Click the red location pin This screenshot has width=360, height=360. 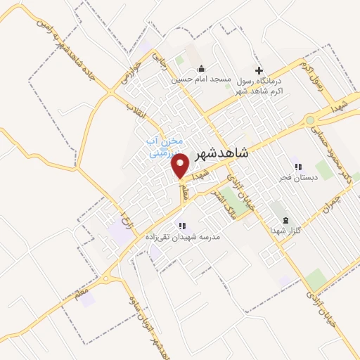coord(181,165)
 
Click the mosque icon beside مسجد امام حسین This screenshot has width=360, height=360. coord(202,69)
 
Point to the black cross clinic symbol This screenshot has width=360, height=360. coord(259,70)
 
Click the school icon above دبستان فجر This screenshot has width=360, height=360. coord(298,167)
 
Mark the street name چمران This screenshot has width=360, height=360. coord(328,205)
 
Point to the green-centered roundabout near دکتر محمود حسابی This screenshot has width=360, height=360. coord(310,121)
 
